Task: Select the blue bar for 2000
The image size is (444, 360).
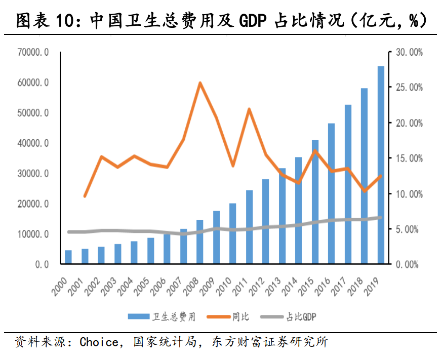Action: [68, 257]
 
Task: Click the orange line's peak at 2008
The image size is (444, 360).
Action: [200, 83]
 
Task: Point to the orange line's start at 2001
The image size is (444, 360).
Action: [85, 196]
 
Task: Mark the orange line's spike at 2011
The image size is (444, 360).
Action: [249, 109]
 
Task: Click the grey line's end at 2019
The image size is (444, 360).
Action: [381, 218]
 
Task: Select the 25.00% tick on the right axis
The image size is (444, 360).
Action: [409, 88]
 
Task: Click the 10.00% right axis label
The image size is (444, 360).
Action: [409, 194]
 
